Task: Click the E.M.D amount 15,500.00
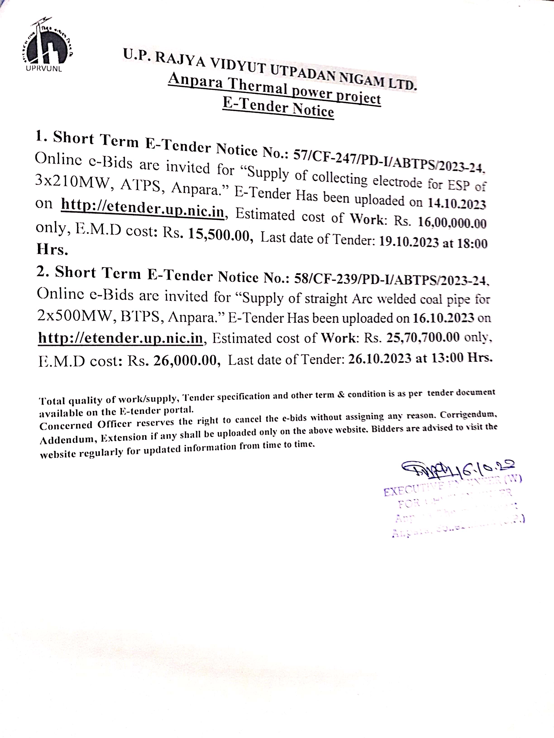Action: pos(219,236)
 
